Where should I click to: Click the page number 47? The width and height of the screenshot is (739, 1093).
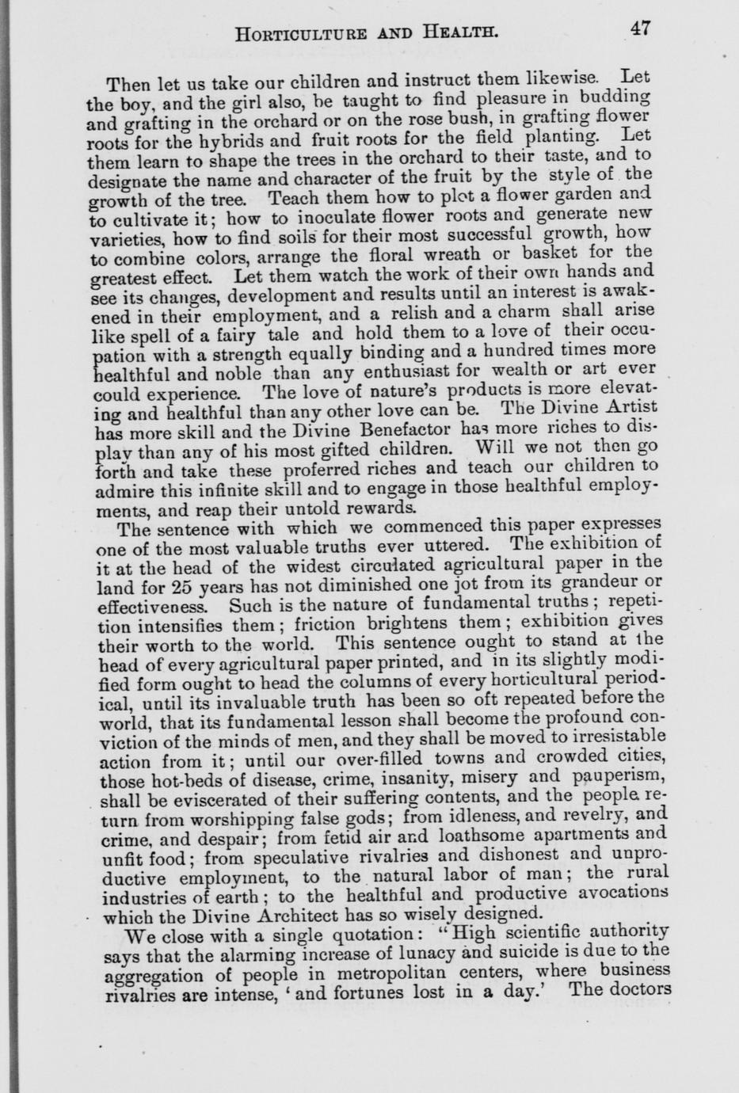[x=640, y=29]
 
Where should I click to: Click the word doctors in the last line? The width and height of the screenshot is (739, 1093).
[x=642, y=989]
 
